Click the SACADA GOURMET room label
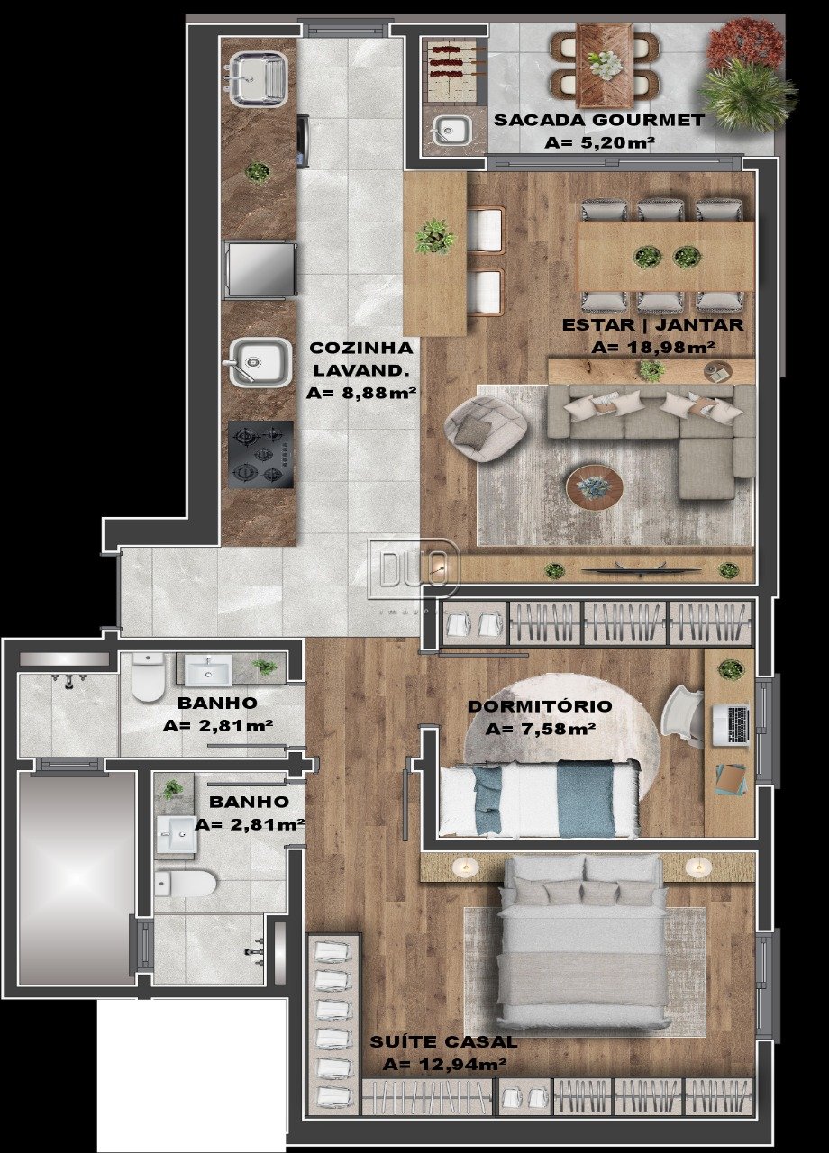coord(599,121)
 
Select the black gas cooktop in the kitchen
coord(261,455)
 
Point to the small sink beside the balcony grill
coord(450,130)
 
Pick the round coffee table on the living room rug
coord(595,486)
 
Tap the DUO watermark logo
coord(413,568)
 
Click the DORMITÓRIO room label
coord(540,705)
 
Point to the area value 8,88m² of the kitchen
coord(361,394)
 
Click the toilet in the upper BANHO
coord(147,677)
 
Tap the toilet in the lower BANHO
coord(185,884)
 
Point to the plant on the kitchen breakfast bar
coord(435,237)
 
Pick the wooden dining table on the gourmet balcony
coord(606,66)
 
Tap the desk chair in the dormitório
coord(684,719)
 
